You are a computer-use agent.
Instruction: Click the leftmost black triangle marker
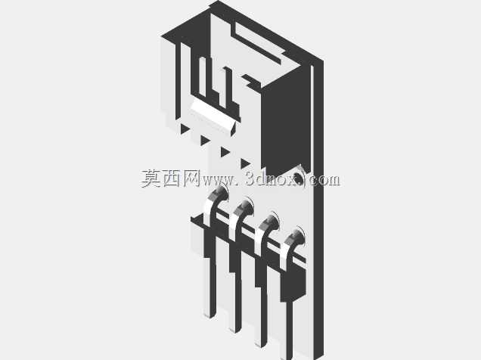[184, 128]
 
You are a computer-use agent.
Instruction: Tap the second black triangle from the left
[204, 141]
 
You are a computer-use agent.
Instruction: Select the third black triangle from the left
[225, 152]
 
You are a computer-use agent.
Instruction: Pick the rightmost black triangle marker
[245, 163]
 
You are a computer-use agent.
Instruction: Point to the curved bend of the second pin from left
[240, 214]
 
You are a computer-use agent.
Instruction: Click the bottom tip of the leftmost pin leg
[210, 316]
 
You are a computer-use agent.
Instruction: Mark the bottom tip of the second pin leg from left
[235, 331]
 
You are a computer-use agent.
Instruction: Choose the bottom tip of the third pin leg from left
[261, 346]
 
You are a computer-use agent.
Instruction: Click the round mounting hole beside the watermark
[298, 178]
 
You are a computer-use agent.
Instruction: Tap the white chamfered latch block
[213, 118]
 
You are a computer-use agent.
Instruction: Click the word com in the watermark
[324, 180]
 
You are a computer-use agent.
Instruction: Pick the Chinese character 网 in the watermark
[191, 178]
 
